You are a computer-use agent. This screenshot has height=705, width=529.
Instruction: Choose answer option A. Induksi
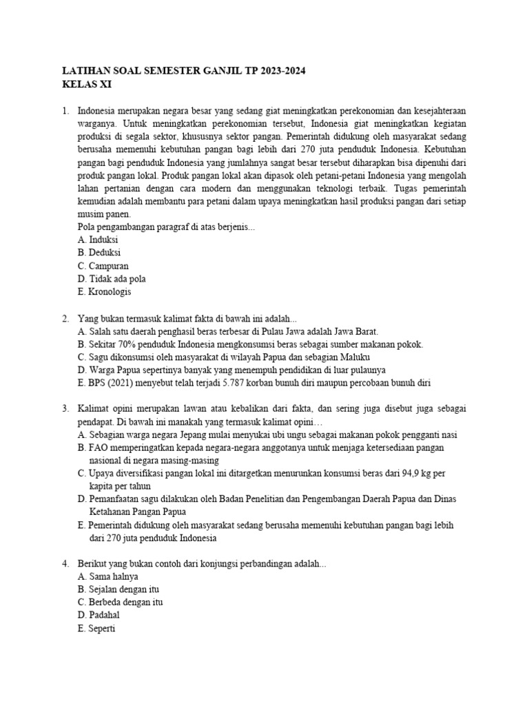(x=98, y=240)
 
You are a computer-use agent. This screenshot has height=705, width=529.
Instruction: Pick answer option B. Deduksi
(x=99, y=253)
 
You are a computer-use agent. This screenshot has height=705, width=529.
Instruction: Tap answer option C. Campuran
(x=103, y=266)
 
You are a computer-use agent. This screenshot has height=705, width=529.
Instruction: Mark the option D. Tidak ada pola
(x=112, y=279)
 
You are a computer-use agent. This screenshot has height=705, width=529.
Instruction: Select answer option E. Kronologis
(x=104, y=292)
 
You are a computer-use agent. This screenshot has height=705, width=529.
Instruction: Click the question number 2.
(x=65, y=318)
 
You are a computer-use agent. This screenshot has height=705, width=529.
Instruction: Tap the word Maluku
(x=355, y=357)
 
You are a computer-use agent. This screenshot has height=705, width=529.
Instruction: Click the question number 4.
(x=65, y=564)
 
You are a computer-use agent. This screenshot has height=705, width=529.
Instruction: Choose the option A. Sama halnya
(x=109, y=577)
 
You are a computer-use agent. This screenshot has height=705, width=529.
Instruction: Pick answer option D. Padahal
(x=101, y=615)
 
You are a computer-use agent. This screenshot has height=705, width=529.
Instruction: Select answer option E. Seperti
(x=99, y=629)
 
